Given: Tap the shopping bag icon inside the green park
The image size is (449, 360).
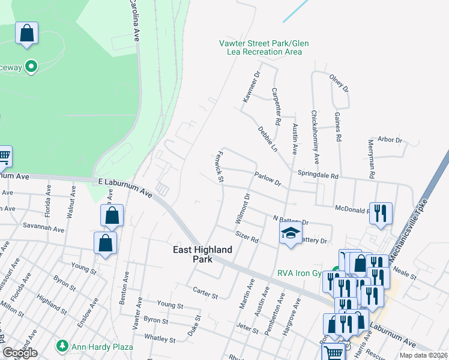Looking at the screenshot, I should (x=27, y=34).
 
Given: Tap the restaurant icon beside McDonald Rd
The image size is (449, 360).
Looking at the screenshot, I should (x=381, y=214).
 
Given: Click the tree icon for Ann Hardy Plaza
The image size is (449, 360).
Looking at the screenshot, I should (x=61, y=346).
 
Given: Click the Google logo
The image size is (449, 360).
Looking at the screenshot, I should (x=20, y=353).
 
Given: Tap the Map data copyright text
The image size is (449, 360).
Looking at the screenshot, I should (x=424, y=355).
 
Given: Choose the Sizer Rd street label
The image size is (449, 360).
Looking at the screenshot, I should (x=247, y=236).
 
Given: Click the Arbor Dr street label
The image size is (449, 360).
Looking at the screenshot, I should (x=390, y=140).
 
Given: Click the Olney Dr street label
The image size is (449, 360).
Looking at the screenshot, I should (x=339, y=81).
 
